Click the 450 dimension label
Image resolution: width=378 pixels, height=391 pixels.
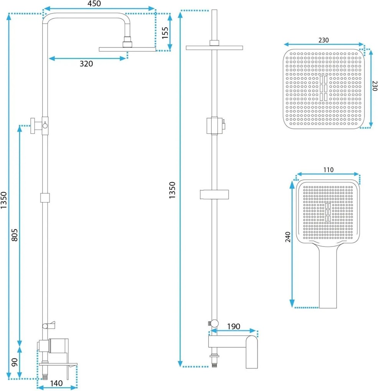coord(94,3)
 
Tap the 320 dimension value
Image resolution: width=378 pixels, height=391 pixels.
coord(86,64)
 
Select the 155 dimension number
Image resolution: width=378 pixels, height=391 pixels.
coord(165,33)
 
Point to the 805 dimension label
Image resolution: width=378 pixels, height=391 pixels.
coord(15,235)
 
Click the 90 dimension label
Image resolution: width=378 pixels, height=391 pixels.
coord(15,362)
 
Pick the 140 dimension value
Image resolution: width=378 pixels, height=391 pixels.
coord(56,383)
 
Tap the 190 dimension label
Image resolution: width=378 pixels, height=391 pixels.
coord(233,326)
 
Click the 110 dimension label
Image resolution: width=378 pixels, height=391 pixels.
coord(328,170)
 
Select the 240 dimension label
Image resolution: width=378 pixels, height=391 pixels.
coord(288,237)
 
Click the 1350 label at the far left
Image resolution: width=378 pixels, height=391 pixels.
coord(3,200)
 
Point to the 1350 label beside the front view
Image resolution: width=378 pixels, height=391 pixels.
coord(172,190)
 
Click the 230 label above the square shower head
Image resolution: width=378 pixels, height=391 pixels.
coord(324,40)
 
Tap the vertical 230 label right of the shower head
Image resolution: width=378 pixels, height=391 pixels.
coord(375,86)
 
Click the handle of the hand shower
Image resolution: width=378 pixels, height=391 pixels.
coord(328,277)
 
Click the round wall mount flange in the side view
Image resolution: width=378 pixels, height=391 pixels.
coord(33,126)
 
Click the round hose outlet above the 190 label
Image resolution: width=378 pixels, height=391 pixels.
coord(214,324)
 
